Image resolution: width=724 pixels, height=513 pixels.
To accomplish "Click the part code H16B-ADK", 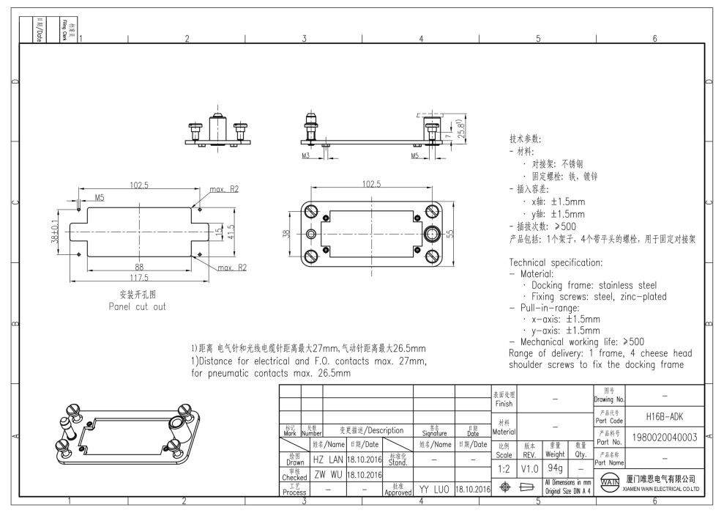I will (664, 416).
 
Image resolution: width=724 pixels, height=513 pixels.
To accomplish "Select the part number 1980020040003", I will (664, 439).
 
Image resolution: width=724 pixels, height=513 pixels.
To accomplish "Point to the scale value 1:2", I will (504, 467).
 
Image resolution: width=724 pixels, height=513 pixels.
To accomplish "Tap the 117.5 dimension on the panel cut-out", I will (138, 278).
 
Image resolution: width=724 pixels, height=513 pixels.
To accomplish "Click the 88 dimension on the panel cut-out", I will (138, 267).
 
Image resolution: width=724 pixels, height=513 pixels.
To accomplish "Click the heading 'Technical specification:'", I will (556, 262).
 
